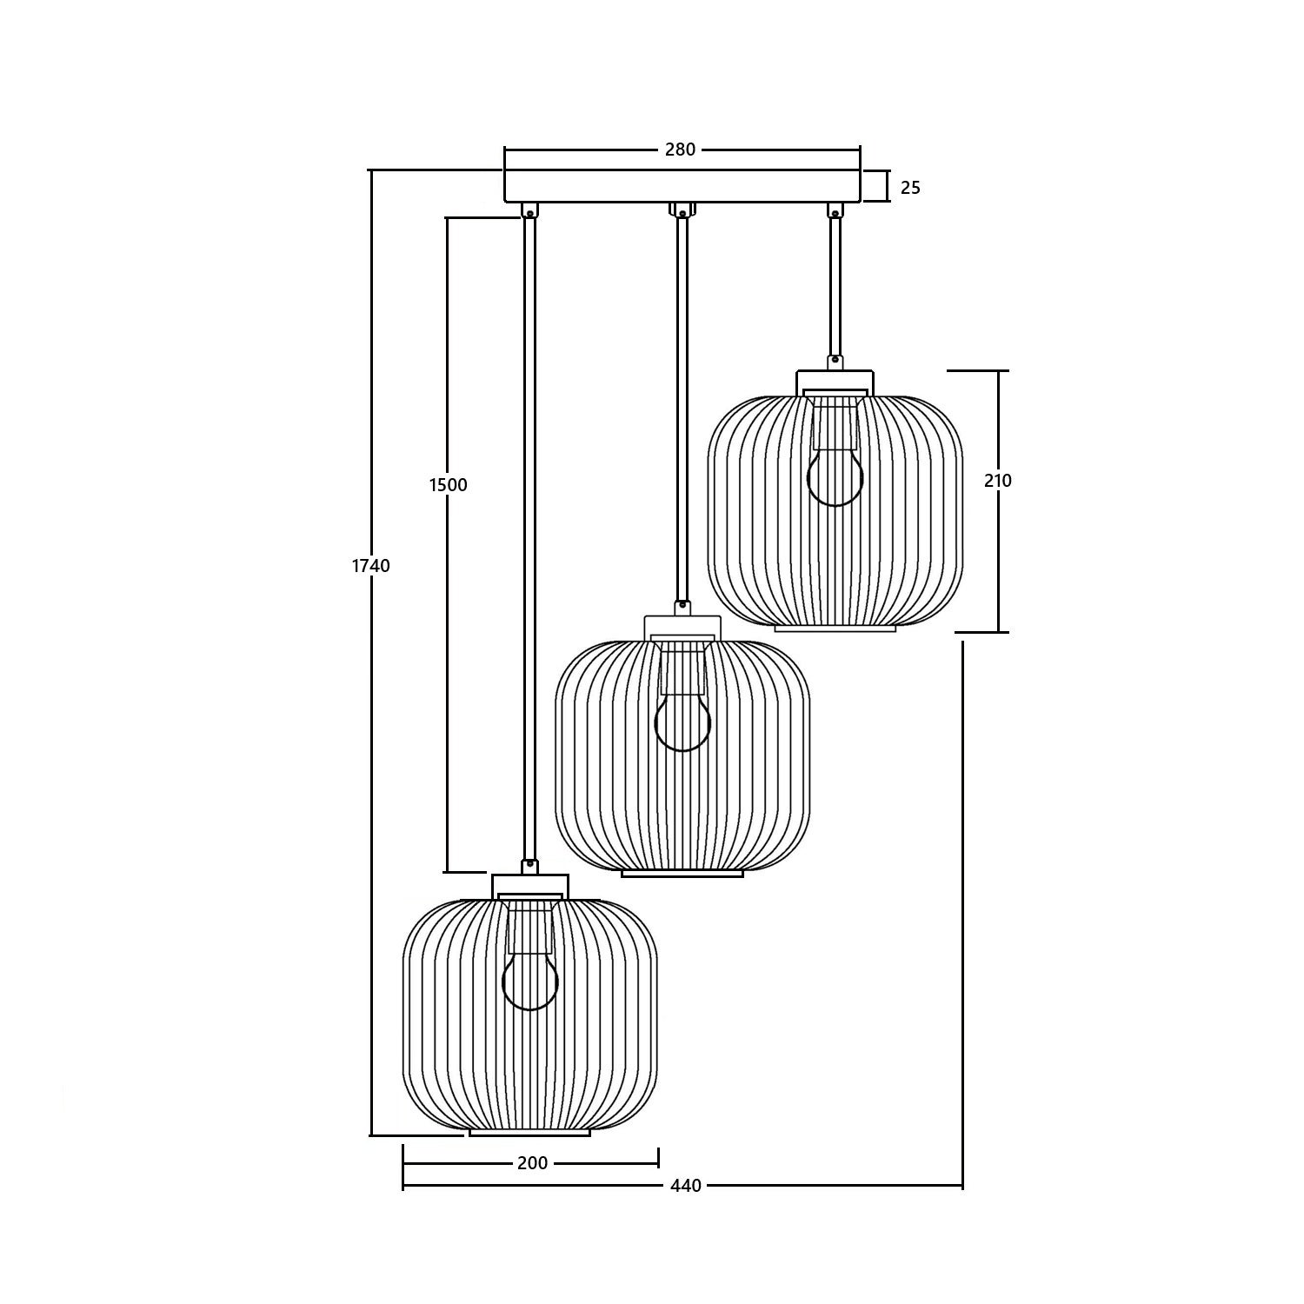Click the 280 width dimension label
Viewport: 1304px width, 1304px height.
tap(680, 150)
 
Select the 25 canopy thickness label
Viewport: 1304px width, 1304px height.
tap(909, 187)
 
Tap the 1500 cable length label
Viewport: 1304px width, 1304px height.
tap(448, 485)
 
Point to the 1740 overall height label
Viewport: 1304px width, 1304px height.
tap(371, 566)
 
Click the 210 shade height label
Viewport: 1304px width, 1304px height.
tap(998, 481)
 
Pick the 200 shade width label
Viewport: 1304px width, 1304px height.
tap(532, 1163)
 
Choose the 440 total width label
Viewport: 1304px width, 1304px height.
tap(686, 1186)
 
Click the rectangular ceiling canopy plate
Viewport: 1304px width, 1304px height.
tap(682, 186)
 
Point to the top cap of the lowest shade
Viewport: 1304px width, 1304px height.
tap(530, 885)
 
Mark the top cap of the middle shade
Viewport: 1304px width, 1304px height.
tap(682, 626)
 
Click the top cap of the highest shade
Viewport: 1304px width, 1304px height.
tap(835, 381)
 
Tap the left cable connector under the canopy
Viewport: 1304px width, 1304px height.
tap(529, 210)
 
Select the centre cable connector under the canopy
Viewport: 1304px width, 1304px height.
tap(682, 210)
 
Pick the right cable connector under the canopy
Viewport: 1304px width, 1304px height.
tap(835, 210)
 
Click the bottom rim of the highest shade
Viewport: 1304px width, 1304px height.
tap(835, 628)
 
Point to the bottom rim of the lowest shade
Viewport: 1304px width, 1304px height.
tap(530, 1132)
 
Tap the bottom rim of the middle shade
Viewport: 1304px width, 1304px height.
tap(682, 873)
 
